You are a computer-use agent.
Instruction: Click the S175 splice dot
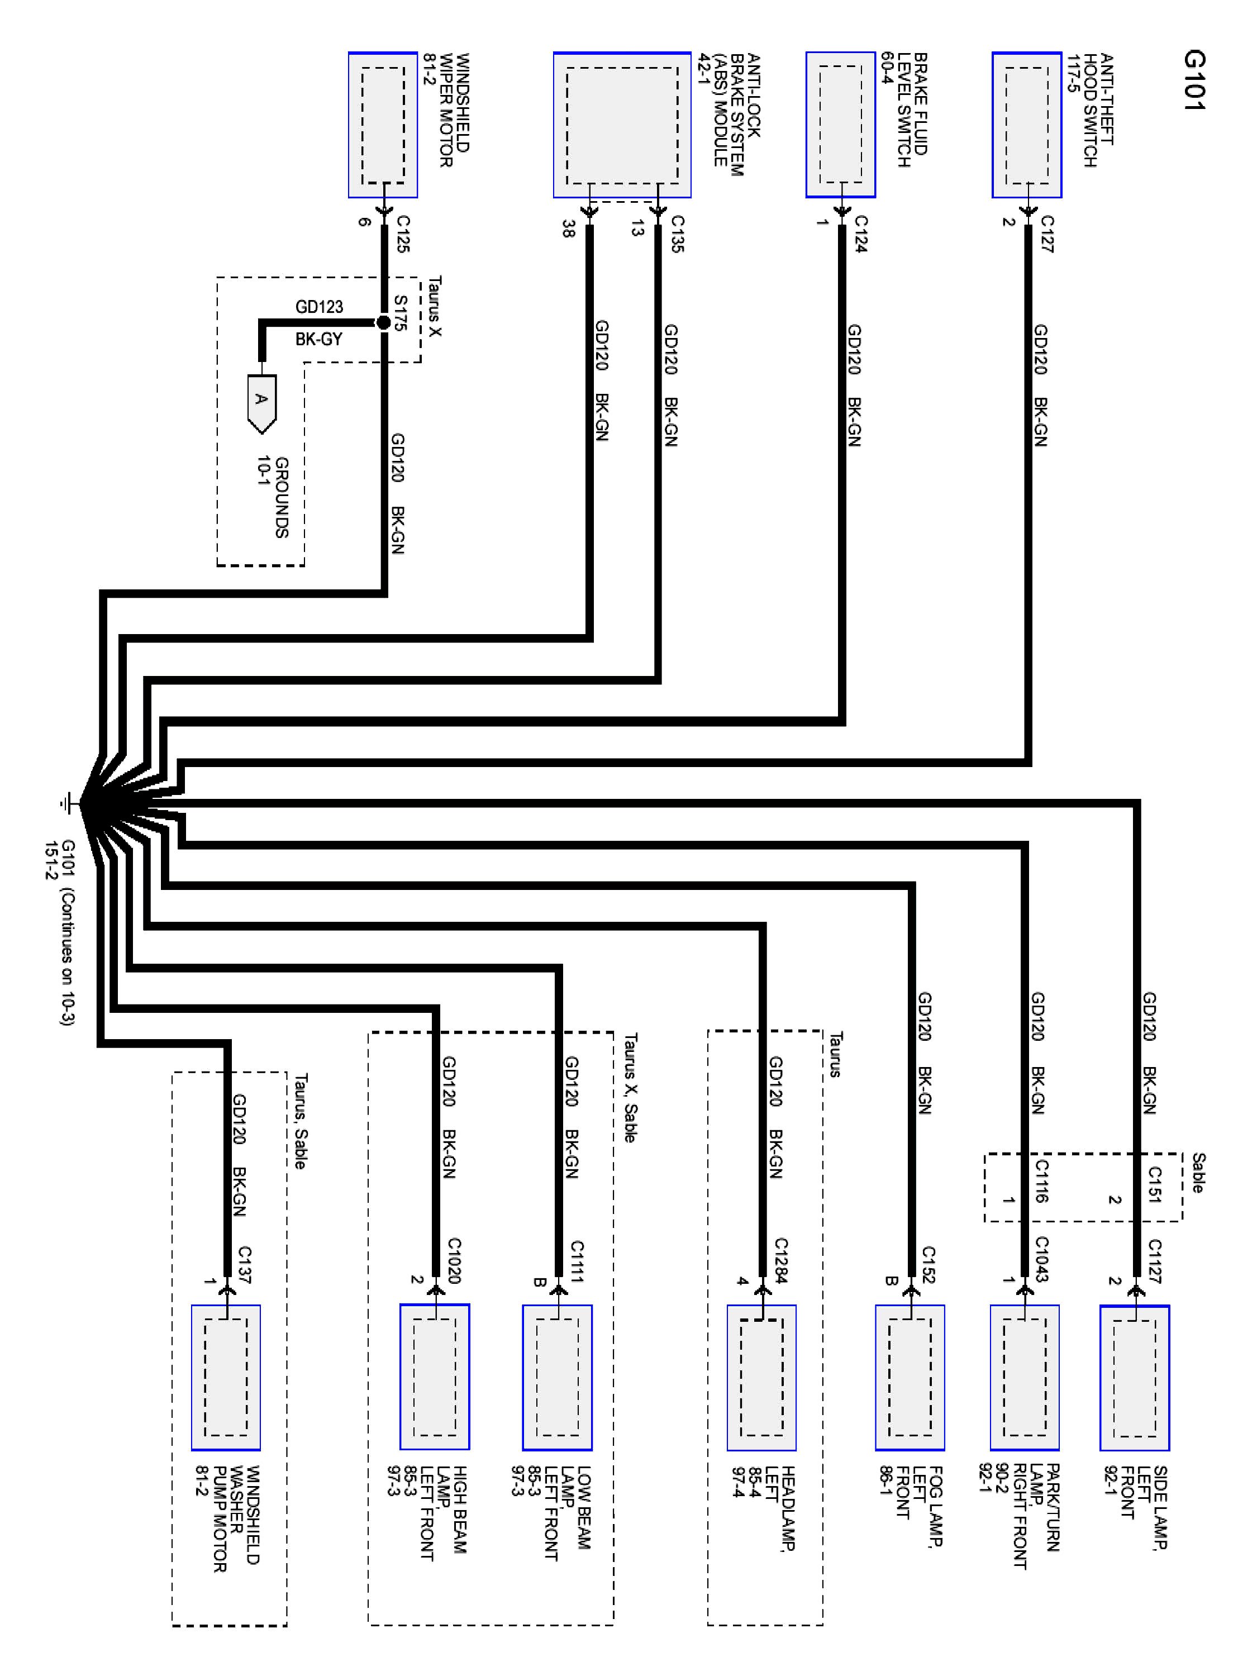[x=383, y=323]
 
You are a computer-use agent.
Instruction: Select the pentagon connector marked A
[x=261, y=402]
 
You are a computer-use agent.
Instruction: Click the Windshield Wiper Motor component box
[x=383, y=125]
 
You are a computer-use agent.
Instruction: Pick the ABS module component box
[x=622, y=125]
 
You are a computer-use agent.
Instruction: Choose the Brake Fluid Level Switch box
[x=840, y=125]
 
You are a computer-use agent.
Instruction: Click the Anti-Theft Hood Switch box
[x=1027, y=125]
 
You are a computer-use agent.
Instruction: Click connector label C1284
[x=781, y=1261]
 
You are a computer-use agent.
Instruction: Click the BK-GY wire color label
[x=319, y=339]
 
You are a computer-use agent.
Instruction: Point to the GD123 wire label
[x=319, y=307]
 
